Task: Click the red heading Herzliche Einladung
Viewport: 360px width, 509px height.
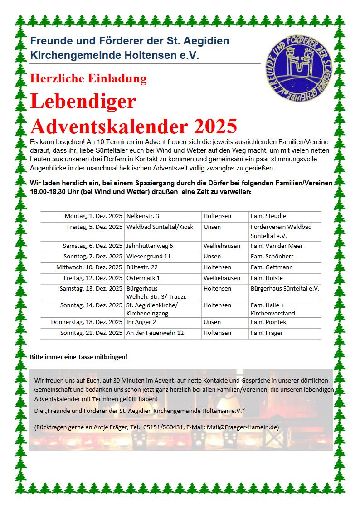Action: click(x=88, y=78)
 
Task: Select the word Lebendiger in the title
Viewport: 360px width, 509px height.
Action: click(x=83, y=101)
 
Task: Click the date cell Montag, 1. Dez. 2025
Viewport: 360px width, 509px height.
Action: click(x=93, y=216)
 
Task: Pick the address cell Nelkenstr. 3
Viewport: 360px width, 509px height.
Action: click(x=143, y=216)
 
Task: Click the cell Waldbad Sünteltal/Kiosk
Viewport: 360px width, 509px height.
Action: click(x=160, y=227)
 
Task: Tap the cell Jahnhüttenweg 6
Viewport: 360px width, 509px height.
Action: click(x=150, y=246)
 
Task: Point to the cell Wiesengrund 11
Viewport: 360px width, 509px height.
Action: click(x=149, y=257)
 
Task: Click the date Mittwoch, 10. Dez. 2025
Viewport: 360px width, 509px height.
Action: click(x=89, y=267)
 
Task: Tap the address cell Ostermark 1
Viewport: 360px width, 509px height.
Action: click(x=143, y=278)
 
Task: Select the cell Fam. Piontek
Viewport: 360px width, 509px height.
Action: click(x=268, y=322)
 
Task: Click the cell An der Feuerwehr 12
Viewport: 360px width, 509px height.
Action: click(x=155, y=333)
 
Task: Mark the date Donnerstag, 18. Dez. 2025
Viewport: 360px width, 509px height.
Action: click(x=87, y=322)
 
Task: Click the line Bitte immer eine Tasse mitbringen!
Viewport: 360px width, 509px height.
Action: click(x=78, y=357)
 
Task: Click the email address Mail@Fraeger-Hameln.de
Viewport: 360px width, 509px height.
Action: click(x=242, y=427)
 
